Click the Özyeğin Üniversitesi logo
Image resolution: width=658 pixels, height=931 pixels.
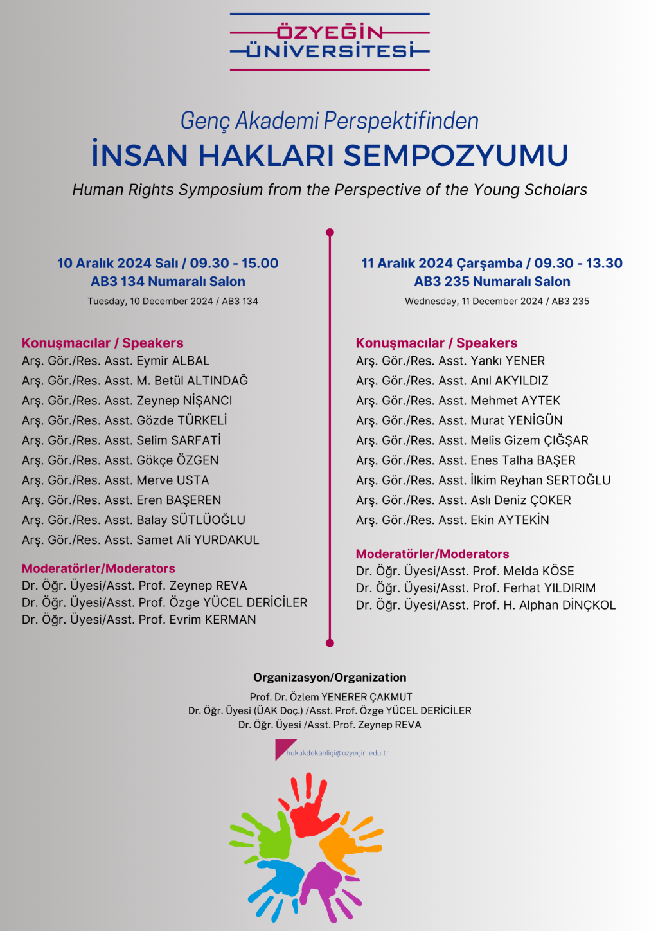tap(330, 42)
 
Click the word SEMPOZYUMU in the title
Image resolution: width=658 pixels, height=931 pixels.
tap(456, 156)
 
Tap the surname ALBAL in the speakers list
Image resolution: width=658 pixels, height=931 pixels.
tap(191, 361)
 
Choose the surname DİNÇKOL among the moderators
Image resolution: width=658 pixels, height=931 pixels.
tap(589, 605)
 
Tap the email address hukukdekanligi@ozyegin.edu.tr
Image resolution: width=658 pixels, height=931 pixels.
tap(337, 753)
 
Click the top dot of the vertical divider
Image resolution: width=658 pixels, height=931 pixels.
tap(330, 232)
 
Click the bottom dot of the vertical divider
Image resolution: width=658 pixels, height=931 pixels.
tap(330, 642)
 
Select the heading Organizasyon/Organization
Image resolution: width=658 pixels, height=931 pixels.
tap(330, 678)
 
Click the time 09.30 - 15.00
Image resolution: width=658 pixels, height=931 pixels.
tap(234, 264)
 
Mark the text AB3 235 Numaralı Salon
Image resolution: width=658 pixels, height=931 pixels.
tap(492, 282)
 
